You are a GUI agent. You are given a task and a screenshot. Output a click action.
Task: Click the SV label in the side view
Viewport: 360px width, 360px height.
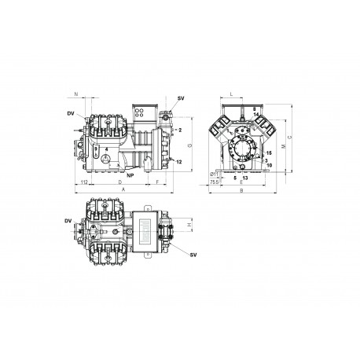pos(182,97)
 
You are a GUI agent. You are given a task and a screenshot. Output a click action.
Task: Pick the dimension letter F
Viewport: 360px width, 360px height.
pos(158,182)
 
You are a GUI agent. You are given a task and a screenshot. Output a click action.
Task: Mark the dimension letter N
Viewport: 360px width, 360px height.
pos(75,94)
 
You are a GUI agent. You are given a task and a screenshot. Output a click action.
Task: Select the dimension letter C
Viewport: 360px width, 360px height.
pos(291,138)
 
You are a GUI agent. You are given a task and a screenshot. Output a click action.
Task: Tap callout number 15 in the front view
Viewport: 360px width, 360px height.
pos(270,152)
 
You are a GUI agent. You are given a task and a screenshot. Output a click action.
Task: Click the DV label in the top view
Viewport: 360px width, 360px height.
pos(70,222)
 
